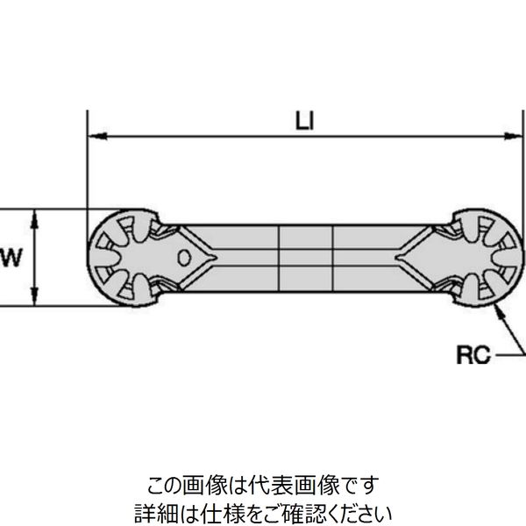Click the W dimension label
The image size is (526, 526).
[11, 258]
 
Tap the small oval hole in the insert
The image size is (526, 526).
[184, 258]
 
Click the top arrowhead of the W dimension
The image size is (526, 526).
[34, 216]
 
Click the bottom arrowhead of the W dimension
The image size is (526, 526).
[34, 300]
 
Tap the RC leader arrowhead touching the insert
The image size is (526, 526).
[497, 308]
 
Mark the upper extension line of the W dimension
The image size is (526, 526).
[44, 210]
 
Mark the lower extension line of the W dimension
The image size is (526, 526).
[44, 307]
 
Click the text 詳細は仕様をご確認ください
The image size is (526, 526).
[262, 509]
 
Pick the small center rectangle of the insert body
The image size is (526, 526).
[306, 258]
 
